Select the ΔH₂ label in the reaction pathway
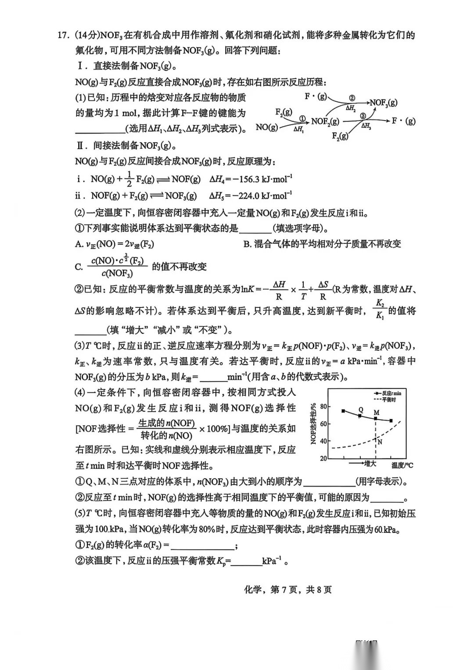[350, 107]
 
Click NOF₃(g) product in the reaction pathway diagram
[384, 103]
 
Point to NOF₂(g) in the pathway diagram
[325, 121]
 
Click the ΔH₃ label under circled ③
[366, 126]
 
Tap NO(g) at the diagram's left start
[267, 127]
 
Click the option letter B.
[247, 244]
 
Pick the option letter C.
[79, 267]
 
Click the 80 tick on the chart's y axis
[323, 406]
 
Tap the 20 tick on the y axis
[323, 458]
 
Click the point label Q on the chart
[361, 410]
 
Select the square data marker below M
[376, 419]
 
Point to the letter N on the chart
[380, 442]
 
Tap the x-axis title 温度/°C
[402, 465]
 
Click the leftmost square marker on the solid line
[343, 411]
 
